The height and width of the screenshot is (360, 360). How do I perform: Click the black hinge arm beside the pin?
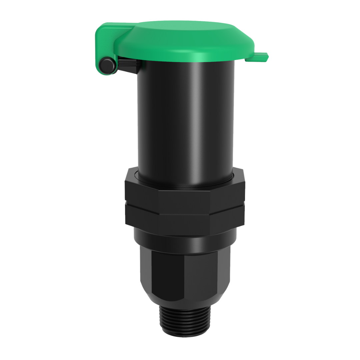click(x=127, y=65)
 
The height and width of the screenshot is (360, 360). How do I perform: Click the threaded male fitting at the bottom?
click(x=185, y=318)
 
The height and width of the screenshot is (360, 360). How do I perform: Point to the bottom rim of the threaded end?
click(x=185, y=333)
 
